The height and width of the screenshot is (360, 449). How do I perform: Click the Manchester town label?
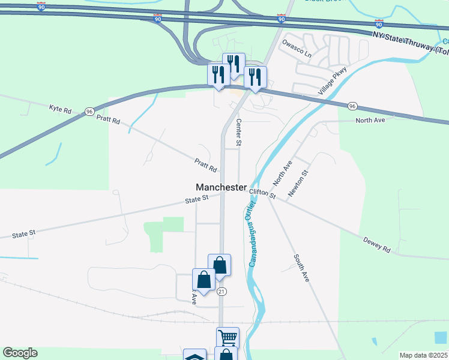pyautogui.click(x=221, y=187)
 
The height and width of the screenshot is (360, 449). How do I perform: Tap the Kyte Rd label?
pyautogui.click(x=60, y=109)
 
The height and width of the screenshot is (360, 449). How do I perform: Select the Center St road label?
pyautogui.click(x=238, y=133)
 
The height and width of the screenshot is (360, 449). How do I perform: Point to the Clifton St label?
pyautogui.click(x=263, y=193)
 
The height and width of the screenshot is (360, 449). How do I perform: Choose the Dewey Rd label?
pyautogui.click(x=377, y=244)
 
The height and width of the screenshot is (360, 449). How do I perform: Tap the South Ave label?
pyautogui.click(x=301, y=269)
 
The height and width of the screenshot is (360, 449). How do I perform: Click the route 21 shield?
pyautogui.click(x=221, y=292)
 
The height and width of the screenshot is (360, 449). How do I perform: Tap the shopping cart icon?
pyautogui.click(x=228, y=337)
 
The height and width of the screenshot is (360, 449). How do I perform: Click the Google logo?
pyautogui.click(x=20, y=353)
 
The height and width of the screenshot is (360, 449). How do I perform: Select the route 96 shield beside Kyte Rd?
pyautogui.click(x=89, y=112)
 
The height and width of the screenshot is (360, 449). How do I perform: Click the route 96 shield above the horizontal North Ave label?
pyautogui.click(x=352, y=106)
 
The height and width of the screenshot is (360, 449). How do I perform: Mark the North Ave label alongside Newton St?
pyautogui.click(x=282, y=173)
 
